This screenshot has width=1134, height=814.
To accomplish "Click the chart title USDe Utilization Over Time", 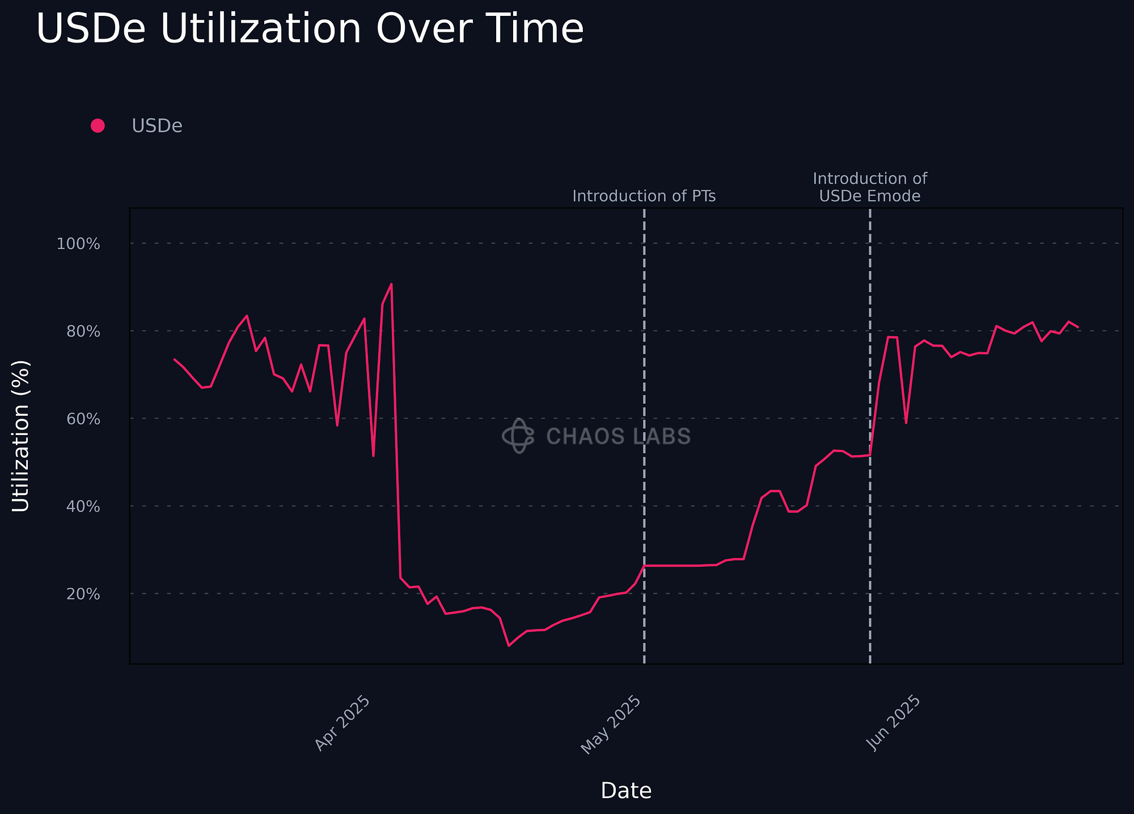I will [310, 29].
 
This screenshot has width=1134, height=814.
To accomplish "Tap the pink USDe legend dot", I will [98, 126].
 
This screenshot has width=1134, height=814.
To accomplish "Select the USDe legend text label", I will [157, 126].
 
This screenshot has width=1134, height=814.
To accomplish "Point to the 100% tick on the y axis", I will [78, 244].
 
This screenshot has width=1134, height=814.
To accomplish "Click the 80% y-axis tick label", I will [83, 331].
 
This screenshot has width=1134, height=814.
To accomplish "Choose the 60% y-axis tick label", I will [83, 419].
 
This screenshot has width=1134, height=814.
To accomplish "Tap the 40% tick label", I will [83, 506].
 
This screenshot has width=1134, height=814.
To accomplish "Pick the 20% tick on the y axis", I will [83, 594].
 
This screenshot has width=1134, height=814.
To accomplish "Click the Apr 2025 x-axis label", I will [342, 723].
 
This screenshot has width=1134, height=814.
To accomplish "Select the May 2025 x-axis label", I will [611, 725].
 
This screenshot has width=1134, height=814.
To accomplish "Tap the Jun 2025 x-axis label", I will [894, 723].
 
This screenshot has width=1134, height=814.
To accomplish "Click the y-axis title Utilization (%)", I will [21, 436].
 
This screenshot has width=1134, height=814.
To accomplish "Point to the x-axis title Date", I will [626, 791].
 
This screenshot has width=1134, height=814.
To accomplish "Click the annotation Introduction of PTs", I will [644, 196].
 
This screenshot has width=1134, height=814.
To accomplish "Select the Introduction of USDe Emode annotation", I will [870, 187].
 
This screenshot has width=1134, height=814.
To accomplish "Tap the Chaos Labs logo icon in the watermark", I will [518, 436].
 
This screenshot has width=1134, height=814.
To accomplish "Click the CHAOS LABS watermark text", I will [619, 436].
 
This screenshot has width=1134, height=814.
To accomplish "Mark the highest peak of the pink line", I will [391, 284].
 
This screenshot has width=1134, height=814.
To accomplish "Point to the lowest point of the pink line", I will [509, 646].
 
